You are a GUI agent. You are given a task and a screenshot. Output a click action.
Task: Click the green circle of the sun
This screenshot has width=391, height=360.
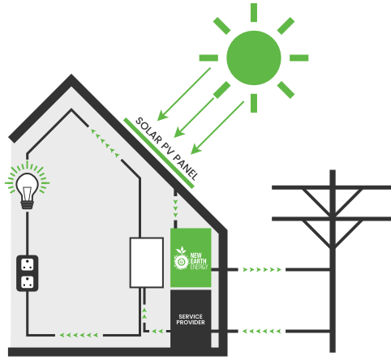(x=254, y=58)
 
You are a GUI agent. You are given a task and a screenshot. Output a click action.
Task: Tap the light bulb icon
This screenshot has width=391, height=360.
(x=27, y=191)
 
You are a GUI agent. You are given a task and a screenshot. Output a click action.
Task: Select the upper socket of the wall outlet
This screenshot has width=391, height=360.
(x=28, y=264)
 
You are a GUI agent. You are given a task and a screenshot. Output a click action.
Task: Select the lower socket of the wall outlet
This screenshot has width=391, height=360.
(x=28, y=282)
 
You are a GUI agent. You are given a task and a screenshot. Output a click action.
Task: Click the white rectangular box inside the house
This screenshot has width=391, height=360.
(x=147, y=263)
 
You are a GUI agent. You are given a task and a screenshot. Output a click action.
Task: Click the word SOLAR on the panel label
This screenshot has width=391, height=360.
(x=148, y=131)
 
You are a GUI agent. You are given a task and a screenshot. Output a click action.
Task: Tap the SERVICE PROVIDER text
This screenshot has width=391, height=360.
(x=191, y=319)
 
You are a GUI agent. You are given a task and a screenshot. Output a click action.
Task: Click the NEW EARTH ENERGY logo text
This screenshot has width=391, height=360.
(x=199, y=261)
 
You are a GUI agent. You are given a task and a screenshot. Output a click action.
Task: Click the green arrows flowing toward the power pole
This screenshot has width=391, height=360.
(x=262, y=269)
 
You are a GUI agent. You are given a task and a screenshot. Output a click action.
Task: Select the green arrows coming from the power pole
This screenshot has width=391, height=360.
(x=262, y=331)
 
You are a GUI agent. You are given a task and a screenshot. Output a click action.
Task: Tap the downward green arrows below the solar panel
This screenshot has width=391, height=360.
(x=175, y=208)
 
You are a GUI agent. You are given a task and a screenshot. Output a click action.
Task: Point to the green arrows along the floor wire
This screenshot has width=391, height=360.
(x=79, y=335)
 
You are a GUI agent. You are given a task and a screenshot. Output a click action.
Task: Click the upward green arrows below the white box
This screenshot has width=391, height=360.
(x=144, y=313)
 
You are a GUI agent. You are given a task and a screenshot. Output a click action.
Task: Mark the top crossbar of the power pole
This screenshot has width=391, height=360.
(x=331, y=187)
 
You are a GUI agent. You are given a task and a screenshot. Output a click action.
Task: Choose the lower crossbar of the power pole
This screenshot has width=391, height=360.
(x=331, y=219)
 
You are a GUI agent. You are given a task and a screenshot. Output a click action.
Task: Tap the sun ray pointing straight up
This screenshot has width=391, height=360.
(x=254, y=12)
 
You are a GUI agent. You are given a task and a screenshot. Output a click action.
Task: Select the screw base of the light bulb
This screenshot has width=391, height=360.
(x=27, y=204)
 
